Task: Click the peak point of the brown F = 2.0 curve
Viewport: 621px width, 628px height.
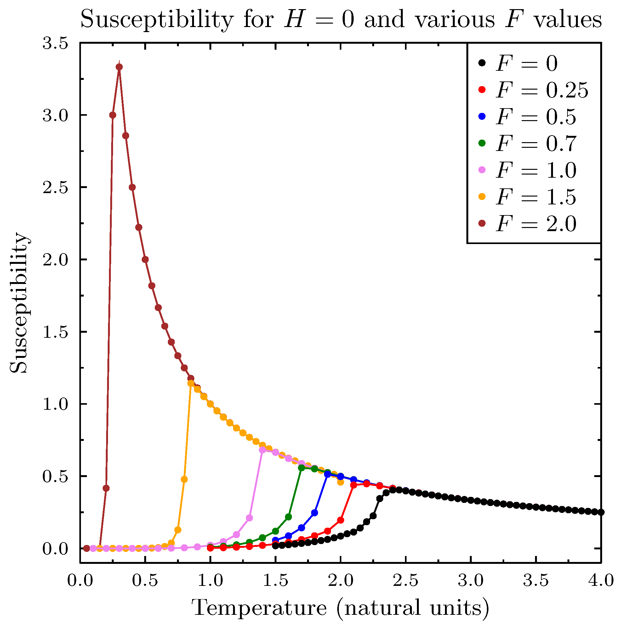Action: [x=119, y=67]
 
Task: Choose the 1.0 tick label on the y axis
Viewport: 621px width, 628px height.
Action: [x=55, y=404]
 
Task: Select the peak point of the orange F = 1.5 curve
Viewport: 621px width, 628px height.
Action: [x=191, y=384]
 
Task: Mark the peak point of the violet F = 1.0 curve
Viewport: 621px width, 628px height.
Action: [x=262, y=450]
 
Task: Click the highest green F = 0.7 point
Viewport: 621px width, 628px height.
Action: [x=301, y=468]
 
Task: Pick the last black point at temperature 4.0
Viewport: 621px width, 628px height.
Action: [x=601, y=512]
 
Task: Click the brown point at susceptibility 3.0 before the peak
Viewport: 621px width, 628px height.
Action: [x=113, y=115]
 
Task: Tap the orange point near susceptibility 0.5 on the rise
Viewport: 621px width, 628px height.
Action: [x=184, y=480]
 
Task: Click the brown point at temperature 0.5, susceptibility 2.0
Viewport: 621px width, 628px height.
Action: [x=145, y=259]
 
